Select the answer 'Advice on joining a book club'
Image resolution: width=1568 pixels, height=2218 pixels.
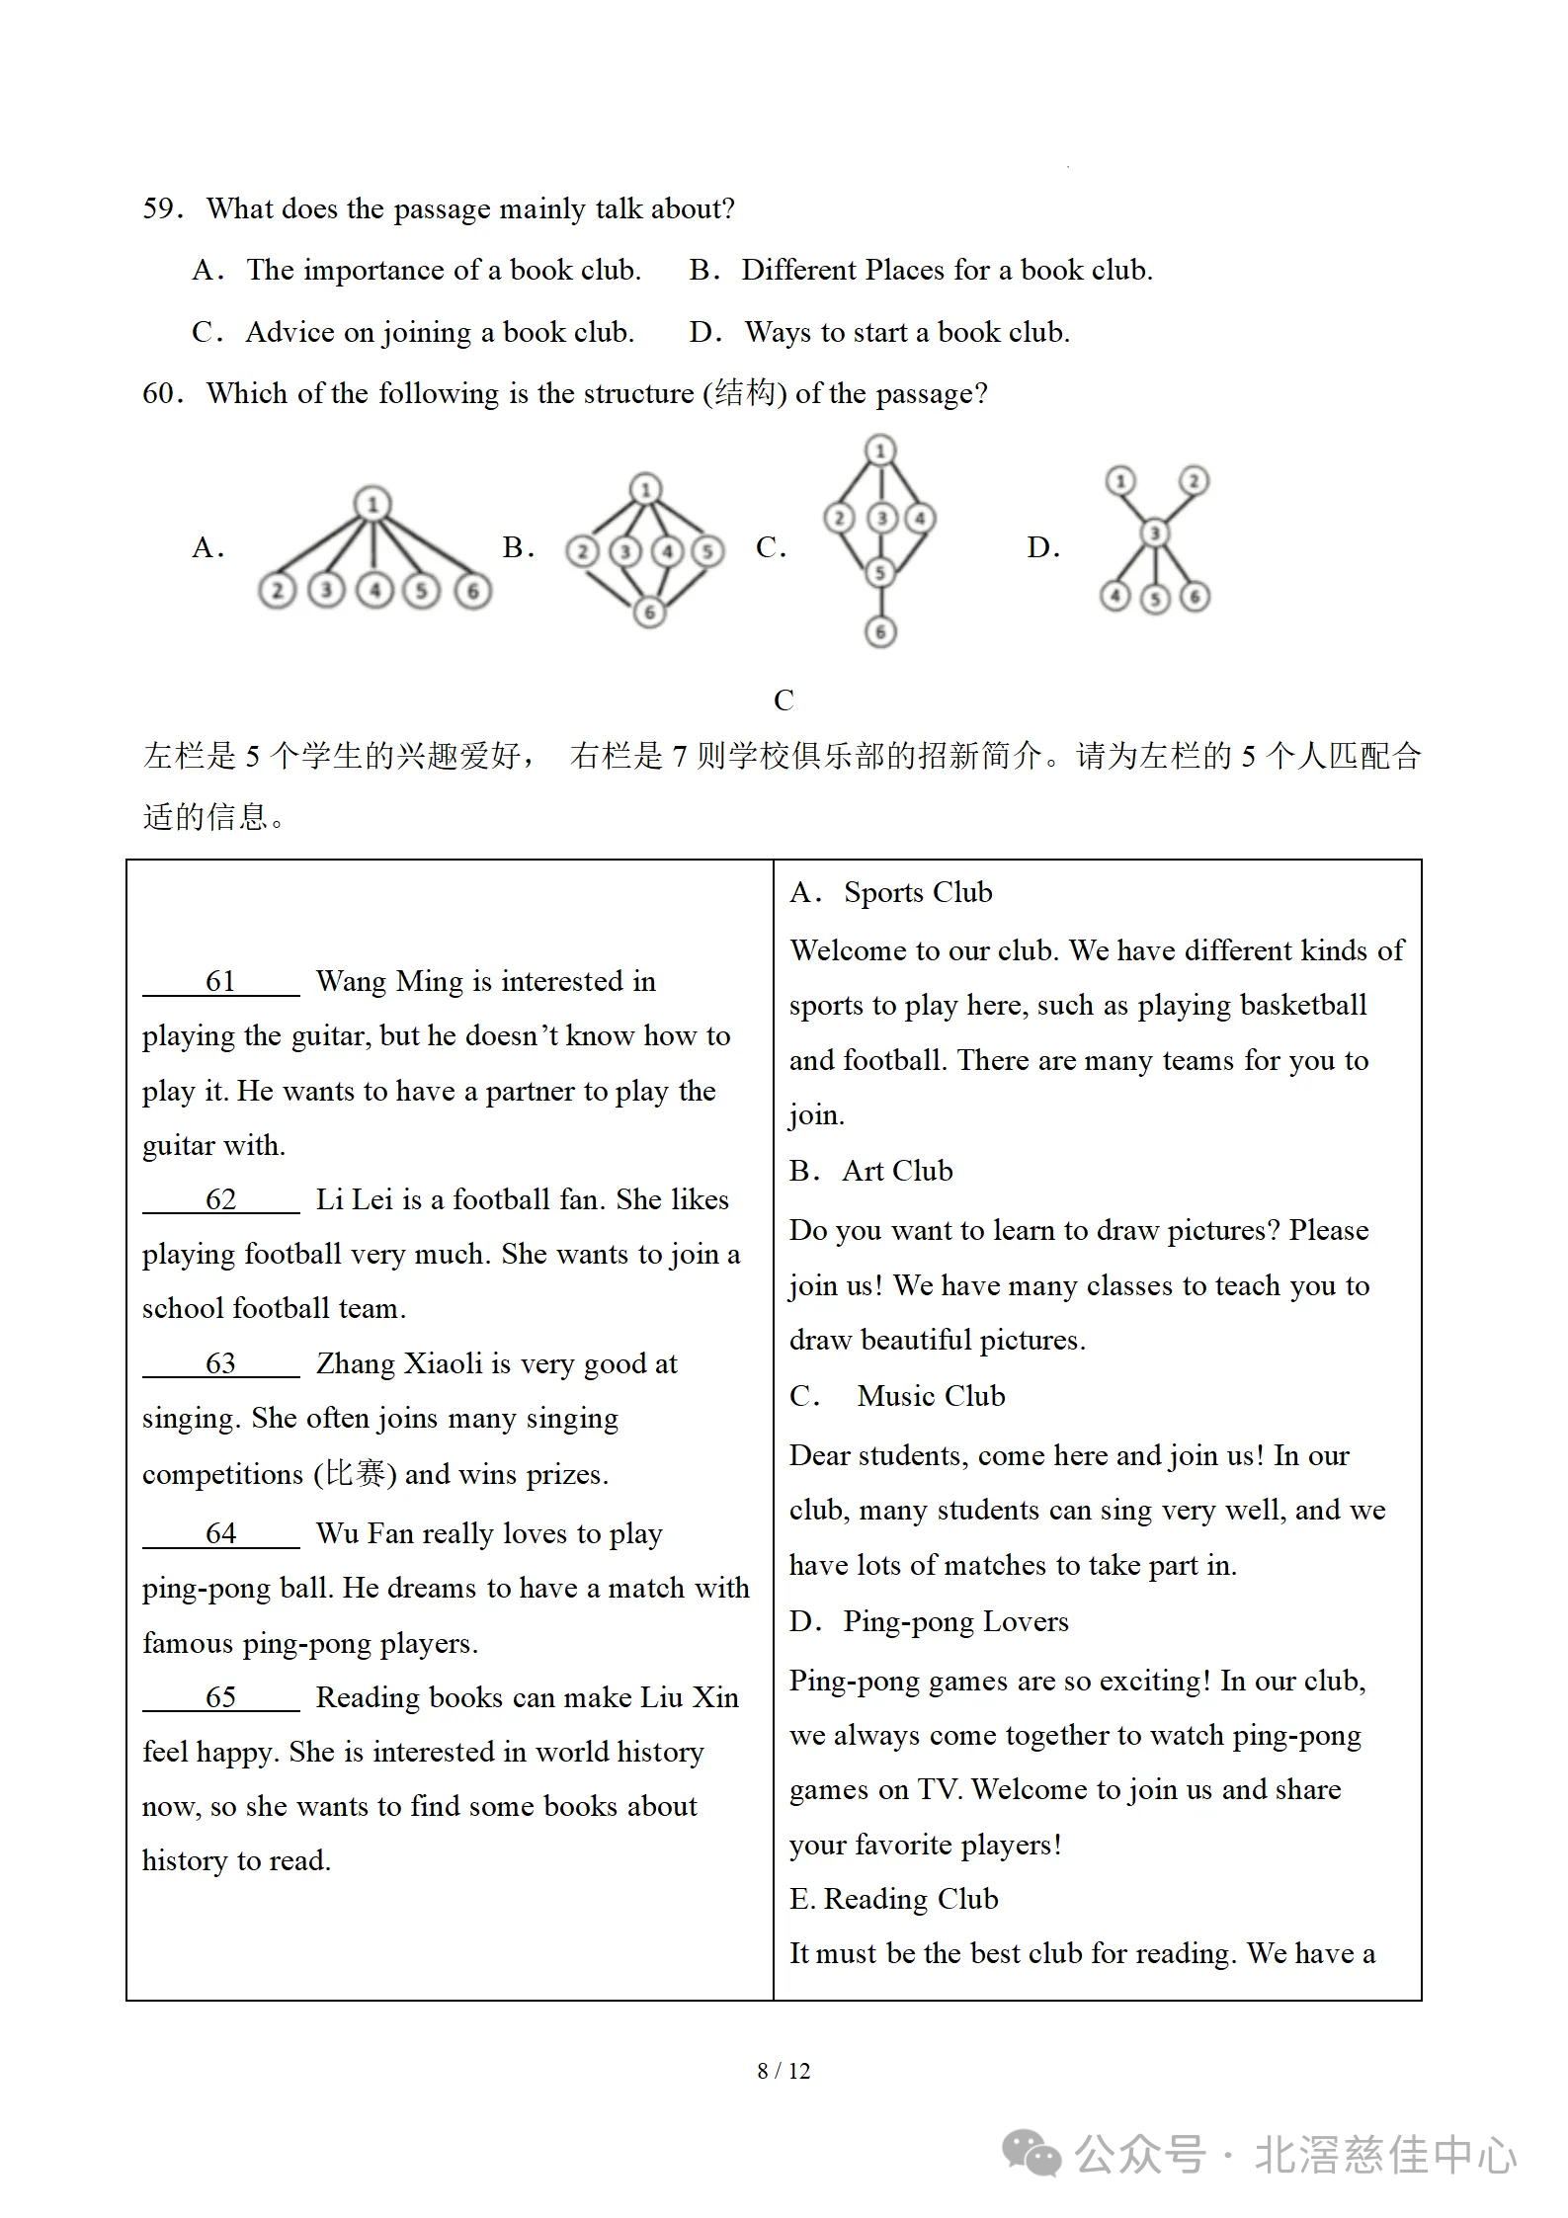click(439, 332)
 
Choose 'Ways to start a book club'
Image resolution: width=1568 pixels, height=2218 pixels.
click(906, 332)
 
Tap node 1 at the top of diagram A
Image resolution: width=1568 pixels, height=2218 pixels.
click(372, 505)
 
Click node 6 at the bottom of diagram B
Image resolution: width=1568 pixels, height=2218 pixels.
click(649, 613)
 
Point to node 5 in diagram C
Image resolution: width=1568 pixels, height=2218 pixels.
click(880, 572)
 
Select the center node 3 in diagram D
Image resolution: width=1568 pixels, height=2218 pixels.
click(1154, 534)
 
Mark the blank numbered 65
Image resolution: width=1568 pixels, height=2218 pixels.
click(220, 1697)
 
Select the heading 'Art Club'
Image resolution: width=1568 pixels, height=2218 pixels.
click(897, 1171)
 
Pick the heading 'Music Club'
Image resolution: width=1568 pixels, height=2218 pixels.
click(931, 1396)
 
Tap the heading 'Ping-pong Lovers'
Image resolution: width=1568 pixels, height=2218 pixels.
click(955, 1621)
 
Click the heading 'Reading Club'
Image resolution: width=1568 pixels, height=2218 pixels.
click(910, 1899)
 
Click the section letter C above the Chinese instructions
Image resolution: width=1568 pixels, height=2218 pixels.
click(784, 700)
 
